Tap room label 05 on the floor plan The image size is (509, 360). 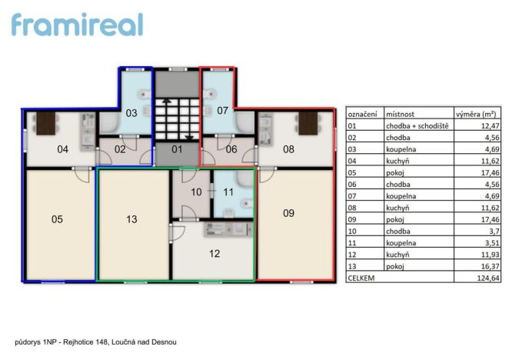coord(57,219)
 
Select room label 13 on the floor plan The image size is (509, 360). coord(131,219)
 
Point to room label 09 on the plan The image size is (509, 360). coord(288,213)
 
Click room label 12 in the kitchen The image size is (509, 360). coord(215,253)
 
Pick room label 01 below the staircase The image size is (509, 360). coord(177,149)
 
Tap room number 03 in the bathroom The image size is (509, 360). coord(131,113)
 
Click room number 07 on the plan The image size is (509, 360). coord(222,111)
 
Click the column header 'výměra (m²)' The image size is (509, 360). coord(474,112)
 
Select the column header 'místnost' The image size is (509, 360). coord(401,112)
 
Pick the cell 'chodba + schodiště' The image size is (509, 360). coord(418,125)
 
